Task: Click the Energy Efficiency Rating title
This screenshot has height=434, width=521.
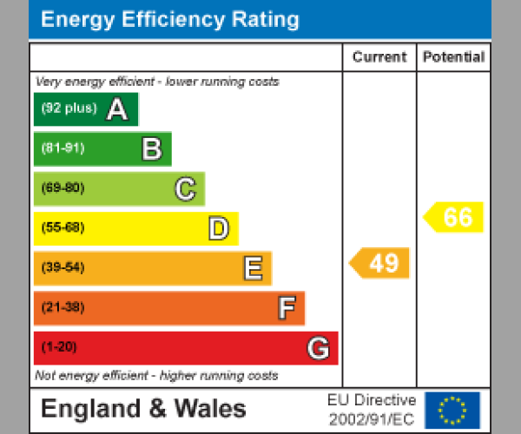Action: [x=170, y=20]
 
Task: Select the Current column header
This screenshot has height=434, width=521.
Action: [x=379, y=57]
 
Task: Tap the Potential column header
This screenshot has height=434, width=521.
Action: [x=453, y=57]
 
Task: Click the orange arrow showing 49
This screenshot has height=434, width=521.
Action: [x=380, y=263]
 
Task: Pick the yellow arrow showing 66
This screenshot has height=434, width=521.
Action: [x=454, y=217]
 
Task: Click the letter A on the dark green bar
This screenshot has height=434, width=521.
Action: [x=116, y=109]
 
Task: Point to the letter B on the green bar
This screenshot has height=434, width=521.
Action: [x=152, y=149]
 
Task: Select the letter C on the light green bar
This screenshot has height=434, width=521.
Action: [x=185, y=188]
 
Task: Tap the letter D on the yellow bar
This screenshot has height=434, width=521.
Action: [x=218, y=228]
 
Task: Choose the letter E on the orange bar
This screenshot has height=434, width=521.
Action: [x=252, y=268]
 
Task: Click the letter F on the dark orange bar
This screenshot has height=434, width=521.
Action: [x=286, y=308]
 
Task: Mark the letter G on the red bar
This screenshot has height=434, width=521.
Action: [x=318, y=348]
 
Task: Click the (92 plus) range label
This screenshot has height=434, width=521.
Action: [x=69, y=108]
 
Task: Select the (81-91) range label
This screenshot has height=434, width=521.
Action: [x=63, y=148]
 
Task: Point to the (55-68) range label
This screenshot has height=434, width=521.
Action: [x=63, y=228]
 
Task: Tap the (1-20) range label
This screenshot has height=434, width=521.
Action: [x=59, y=347]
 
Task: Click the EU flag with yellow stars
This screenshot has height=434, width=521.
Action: [x=452, y=410]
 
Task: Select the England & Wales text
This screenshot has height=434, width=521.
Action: [x=143, y=409]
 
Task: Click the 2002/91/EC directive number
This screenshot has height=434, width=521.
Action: [x=372, y=419]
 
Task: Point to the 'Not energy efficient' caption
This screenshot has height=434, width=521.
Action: [x=156, y=376]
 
